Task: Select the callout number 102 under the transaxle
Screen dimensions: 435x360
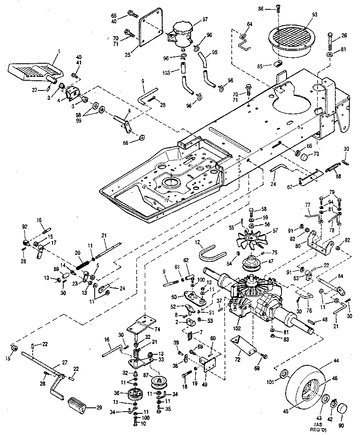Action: tap(237, 328)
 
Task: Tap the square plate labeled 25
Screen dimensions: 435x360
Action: tap(151, 28)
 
